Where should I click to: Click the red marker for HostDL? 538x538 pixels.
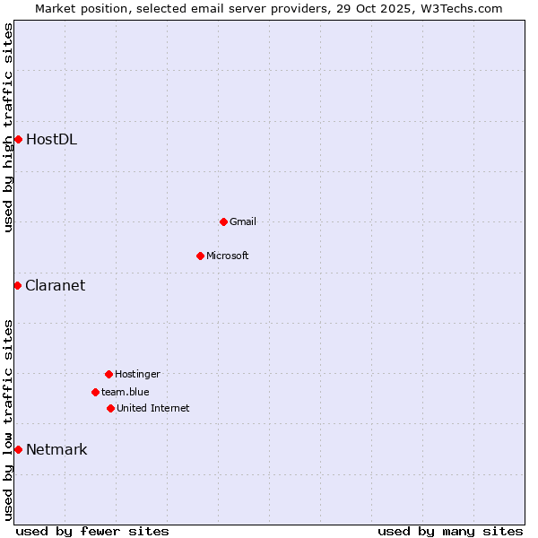[18, 139]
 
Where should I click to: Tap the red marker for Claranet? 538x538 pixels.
[17, 285]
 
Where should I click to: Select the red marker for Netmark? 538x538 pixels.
[18, 449]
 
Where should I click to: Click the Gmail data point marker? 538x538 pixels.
[223, 221]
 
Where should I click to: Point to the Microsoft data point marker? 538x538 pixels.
[200, 256]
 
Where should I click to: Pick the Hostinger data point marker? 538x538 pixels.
[108, 374]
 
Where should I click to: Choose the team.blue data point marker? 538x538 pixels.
[95, 392]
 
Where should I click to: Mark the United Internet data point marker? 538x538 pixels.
[110, 408]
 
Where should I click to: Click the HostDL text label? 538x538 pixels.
[51, 139]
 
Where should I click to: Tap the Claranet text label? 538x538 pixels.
[55, 285]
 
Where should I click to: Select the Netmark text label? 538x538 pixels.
[56, 449]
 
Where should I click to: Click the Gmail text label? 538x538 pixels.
[242, 221]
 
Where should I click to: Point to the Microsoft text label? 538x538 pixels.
[227, 256]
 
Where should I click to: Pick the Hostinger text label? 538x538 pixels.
[137, 374]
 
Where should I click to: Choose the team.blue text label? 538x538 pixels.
[125, 392]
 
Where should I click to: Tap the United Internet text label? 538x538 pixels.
[152, 408]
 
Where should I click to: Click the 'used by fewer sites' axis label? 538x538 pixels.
[92, 531]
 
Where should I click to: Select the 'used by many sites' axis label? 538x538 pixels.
[450, 531]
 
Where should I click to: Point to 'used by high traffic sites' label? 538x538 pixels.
[8, 127]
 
